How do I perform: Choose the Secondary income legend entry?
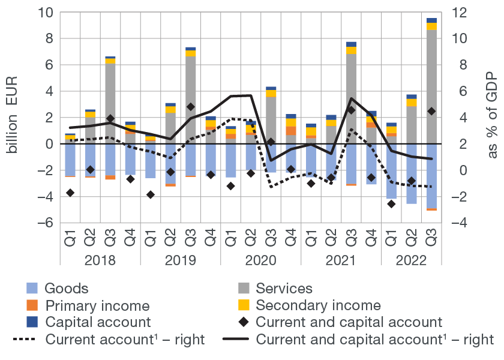[318, 305]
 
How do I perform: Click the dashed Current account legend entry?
[108, 340]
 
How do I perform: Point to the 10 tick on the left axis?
[47, 13]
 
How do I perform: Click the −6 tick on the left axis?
[47, 223]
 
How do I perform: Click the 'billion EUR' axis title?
[13, 118]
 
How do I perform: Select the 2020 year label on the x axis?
[260, 261]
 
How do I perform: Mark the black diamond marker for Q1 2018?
[70, 193]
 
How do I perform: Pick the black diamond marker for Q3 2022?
[431, 111]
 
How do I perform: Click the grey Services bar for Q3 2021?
[351, 99]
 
